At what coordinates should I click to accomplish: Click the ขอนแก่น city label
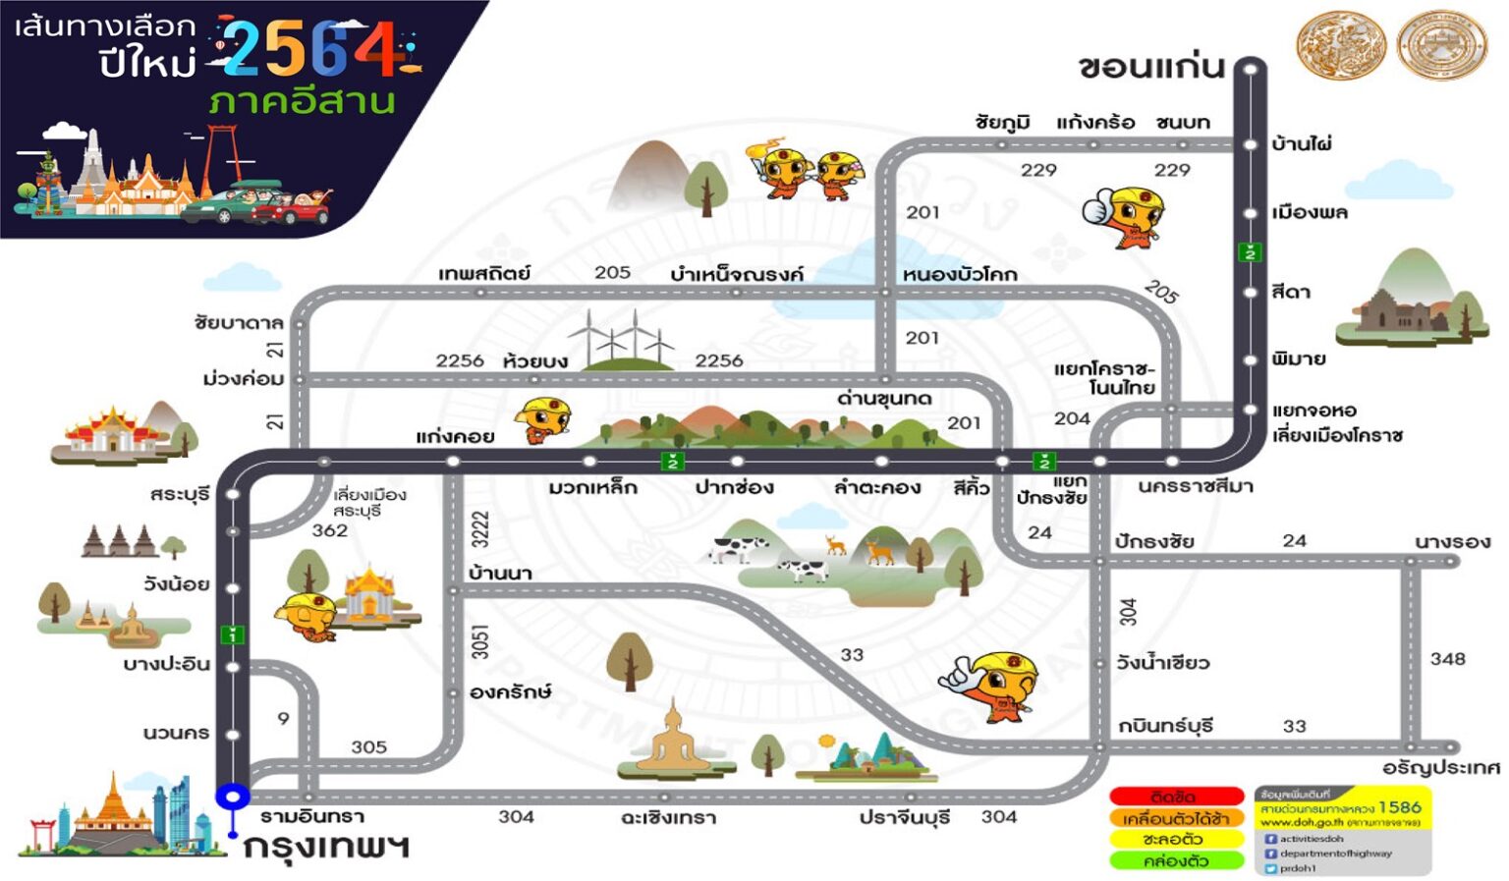1150,67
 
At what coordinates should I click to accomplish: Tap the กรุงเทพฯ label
325,846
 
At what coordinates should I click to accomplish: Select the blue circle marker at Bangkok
233,796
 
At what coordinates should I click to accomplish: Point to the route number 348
1447,659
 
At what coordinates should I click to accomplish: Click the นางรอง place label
1451,541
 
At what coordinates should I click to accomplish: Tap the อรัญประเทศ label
1440,767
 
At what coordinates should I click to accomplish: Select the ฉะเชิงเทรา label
668,817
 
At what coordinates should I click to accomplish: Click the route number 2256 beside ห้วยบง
460,360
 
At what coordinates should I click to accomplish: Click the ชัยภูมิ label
1002,123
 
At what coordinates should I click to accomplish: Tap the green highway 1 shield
232,634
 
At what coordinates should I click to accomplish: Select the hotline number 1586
1399,807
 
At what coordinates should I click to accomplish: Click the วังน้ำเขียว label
1162,663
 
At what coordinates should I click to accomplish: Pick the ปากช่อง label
734,487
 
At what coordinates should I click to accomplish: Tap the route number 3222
479,529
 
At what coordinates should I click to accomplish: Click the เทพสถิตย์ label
483,273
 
